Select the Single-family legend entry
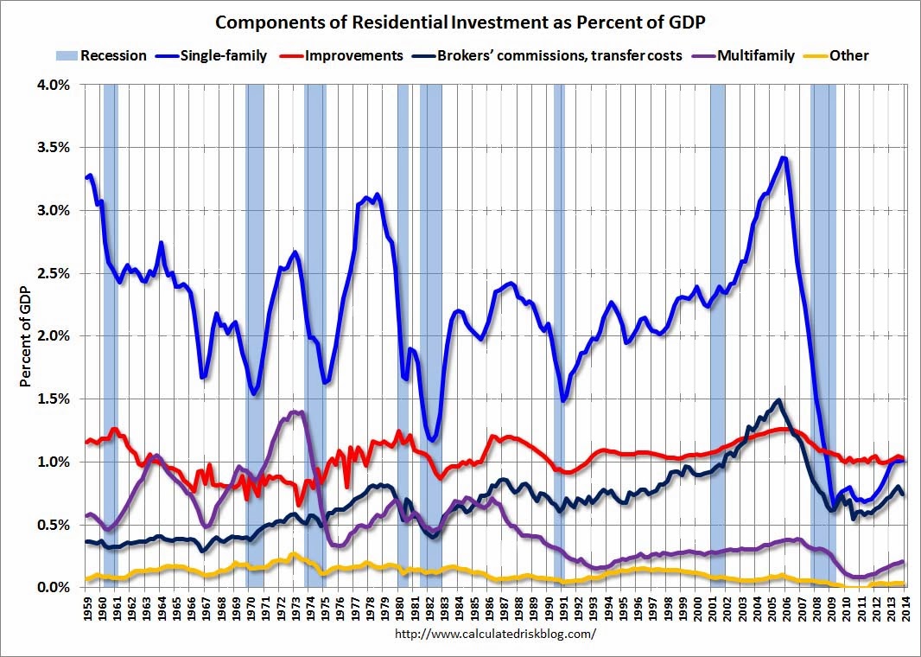click(223, 56)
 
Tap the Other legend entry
click(848, 56)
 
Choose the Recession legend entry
click(113, 56)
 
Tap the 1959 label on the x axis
click(87, 609)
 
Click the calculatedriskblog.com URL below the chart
click(495, 634)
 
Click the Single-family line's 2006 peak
click(783, 158)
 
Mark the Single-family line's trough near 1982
click(433, 438)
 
